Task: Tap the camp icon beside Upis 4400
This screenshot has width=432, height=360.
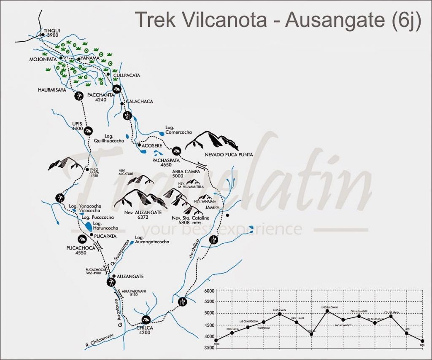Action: coord(88,131)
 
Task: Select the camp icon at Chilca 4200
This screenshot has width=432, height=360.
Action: coord(146,320)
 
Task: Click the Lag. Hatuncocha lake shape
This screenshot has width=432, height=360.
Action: coord(88,226)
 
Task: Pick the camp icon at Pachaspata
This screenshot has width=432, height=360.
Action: coord(176,150)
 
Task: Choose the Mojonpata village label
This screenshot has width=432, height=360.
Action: coord(44,59)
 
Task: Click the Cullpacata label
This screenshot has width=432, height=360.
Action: coord(127,75)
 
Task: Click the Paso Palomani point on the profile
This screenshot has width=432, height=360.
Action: coord(327,311)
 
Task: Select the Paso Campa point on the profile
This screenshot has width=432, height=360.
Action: coord(280,314)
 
